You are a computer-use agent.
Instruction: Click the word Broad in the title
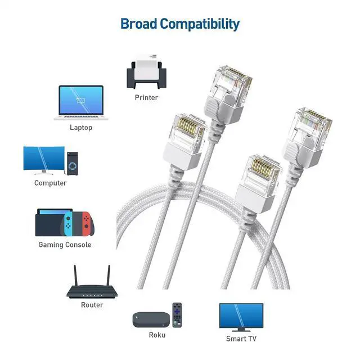(139, 24)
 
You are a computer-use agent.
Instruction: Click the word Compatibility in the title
(199, 24)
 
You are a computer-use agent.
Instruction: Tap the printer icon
(146, 72)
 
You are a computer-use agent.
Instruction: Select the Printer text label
(146, 97)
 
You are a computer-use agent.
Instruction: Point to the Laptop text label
(81, 127)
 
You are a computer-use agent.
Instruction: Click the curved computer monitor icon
(44, 159)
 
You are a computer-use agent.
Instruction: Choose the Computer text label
(51, 183)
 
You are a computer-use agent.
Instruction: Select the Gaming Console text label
(65, 245)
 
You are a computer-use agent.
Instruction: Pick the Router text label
(92, 305)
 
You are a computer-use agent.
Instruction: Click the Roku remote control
(178, 314)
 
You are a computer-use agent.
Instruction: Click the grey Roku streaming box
(151, 320)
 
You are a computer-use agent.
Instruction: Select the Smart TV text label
(241, 339)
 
